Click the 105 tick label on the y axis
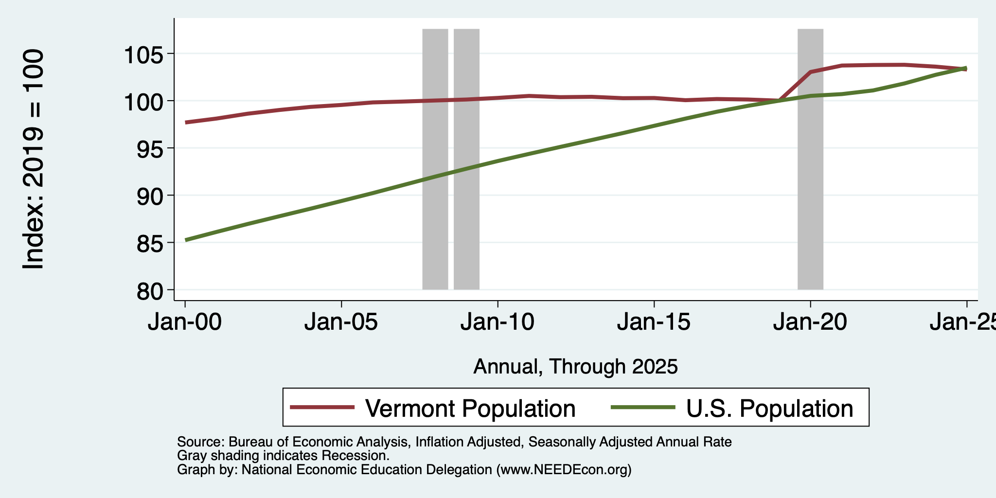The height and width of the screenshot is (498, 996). [144, 54]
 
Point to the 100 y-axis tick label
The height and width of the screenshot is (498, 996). [144, 101]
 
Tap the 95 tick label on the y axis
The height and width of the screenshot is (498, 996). [151, 148]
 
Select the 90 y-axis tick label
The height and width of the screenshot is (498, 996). [151, 196]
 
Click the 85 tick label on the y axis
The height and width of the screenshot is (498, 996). [151, 243]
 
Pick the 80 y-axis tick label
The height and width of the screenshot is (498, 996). [151, 290]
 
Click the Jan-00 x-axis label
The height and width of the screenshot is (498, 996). [185, 322]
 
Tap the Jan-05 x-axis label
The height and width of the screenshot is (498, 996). [341, 322]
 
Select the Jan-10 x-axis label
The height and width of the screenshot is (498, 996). [498, 322]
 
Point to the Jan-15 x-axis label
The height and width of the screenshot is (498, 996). [654, 322]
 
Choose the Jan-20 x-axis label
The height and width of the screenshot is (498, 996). [810, 322]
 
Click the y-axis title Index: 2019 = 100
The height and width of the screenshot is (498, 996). [34, 159]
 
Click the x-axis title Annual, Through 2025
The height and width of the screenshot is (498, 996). [575, 367]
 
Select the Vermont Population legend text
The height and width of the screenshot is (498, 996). [470, 408]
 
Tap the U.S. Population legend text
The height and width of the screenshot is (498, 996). [770, 408]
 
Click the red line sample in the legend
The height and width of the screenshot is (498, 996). [322, 408]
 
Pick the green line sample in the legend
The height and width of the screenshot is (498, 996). [643, 408]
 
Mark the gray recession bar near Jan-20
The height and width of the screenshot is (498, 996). [810, 159]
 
